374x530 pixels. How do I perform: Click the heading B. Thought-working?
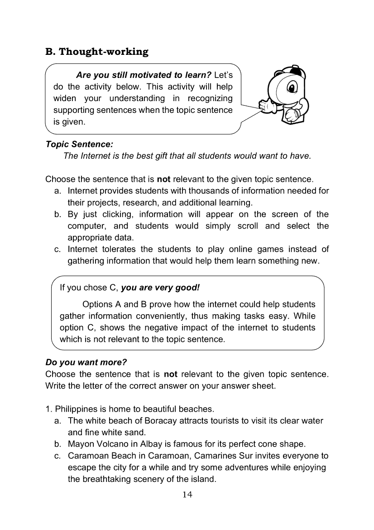click(x=97, y=52)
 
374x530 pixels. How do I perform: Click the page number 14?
click(x=187, y=495)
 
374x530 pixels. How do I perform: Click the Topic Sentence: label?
click(x=79, y=144)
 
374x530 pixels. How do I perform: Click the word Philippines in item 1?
click(x=72, y=409)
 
